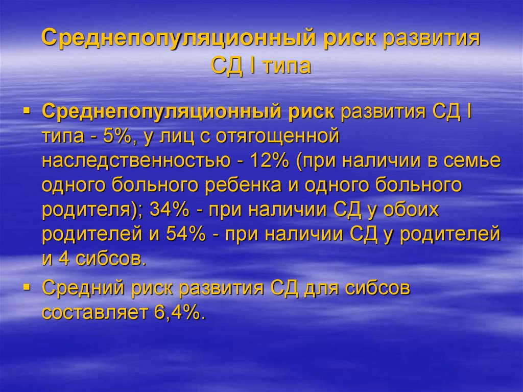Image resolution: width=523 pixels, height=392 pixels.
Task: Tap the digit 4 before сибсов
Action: [63, 259]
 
